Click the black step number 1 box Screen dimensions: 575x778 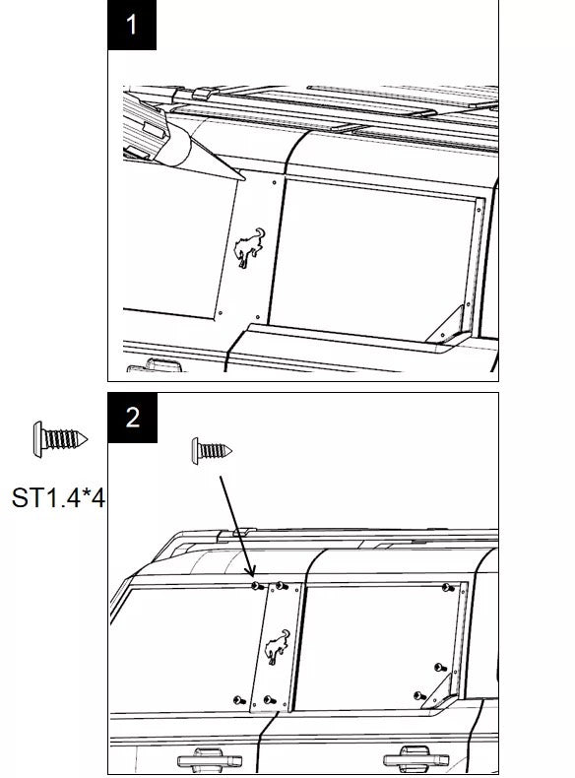pyautogui.click(x=132, y=25)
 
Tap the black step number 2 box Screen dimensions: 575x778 pyautogui.click(x=133, y=418)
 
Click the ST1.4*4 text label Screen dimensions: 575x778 pyautogui.click(x=58, y=497)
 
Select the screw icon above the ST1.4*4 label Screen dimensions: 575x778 pyautogui.click(x=60, y=439)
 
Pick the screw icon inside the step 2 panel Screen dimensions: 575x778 pyautogui.click(x=212, y=451)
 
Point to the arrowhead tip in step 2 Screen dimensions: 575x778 pyautogui.click(x=253, y=577)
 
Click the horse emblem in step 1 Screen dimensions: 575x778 pyautogui.click(x=249, y=247)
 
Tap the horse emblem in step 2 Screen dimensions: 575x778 pyautogui.click(x=277, y=646)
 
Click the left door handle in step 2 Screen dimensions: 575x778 pyautogui.click(x=210, y=759)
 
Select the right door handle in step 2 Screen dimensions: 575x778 pyautogui.click(x=416, y=758)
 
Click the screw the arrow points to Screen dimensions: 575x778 pyautogui.click(x=257, y=587)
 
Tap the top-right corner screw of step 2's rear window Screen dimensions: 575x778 pyautogui.click(x=448, y=588)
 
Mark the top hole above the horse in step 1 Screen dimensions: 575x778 pyautogui.click(x=275, y=183)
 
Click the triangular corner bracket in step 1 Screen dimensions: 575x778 pyautogui.click(x=445, y=326)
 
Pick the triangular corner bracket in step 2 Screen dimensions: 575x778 pyautogui.click(x=437, y=691)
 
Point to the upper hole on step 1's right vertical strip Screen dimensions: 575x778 pyautogui.click(x=479, y=210)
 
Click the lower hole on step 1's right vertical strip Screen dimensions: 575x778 pyautogui.click(x=468, y=304)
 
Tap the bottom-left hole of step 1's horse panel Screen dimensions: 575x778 pyautogui.click(x=221, y=313)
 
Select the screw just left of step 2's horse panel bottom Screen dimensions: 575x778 pyautogui.click(x=239, y=700)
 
